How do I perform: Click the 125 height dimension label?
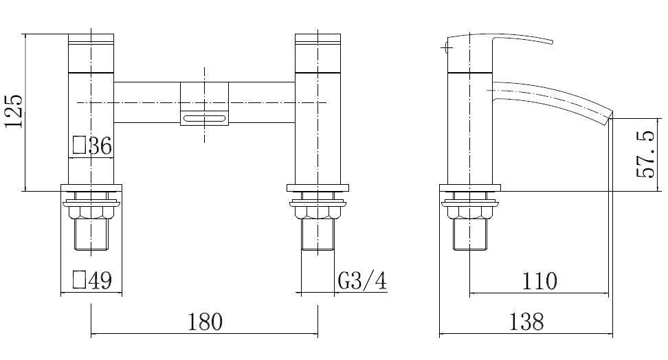click(14, 111)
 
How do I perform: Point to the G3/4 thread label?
click(361, 280)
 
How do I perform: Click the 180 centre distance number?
click(205, 321)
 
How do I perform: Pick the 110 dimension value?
click(539, 280)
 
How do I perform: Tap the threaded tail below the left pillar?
click(91, 236)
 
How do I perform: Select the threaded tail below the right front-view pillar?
click(318, 236)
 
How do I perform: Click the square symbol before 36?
click(79, 146)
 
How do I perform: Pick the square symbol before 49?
click(79, 280)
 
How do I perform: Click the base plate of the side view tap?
click(470, 188)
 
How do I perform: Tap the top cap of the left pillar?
click(91, 39)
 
